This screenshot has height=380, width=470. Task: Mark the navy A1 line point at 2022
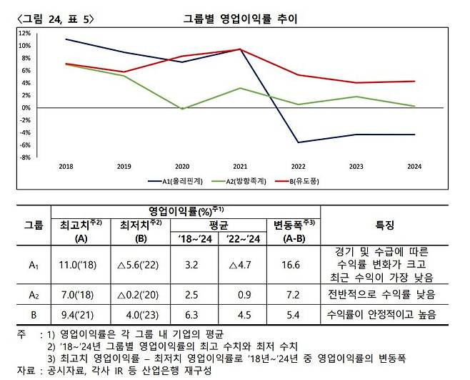tap(299, 142)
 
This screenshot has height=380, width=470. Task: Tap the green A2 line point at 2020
tap(183, 109)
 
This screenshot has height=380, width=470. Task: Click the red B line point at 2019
tap(125, 72)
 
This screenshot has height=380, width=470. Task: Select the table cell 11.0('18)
tap(79, 264)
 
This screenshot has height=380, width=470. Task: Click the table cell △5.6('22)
tap(139, 264)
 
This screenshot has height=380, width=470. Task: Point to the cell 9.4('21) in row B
tap(79, 313)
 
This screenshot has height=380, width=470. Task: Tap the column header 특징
tap(384, 225)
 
